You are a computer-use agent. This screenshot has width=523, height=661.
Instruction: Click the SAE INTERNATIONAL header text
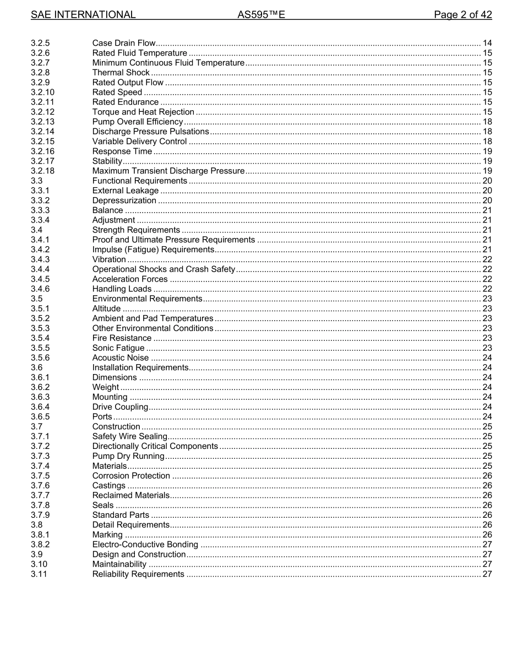pos(83,15)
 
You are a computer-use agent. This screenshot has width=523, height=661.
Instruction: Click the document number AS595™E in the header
pos(261,15)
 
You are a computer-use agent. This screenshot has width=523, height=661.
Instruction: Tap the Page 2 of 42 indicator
pos(462,15)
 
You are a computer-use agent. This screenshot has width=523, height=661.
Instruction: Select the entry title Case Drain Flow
pos(124,43)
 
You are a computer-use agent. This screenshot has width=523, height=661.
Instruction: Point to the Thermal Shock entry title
pos(121,73)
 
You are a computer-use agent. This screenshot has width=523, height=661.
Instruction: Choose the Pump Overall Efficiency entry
pos(137,122)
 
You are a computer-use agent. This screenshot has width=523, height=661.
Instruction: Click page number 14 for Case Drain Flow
pos(487,43)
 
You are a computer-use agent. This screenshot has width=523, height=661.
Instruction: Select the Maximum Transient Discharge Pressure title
pos(168,171)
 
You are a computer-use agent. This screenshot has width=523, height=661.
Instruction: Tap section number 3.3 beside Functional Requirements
pos(37,181)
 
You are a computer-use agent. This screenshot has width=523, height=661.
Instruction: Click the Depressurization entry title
pos(124,201)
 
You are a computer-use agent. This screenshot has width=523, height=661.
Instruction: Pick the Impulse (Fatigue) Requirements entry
pos(152,250)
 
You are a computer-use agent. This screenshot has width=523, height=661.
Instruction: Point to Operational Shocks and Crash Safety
pos(164,269)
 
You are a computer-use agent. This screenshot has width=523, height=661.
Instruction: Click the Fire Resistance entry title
pos(122,338)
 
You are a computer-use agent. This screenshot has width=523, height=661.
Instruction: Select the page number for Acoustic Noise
pos(487,358)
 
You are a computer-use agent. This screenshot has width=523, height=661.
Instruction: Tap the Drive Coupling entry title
pos(120,407)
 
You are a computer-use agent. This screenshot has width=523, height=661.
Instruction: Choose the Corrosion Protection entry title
pos(131,476)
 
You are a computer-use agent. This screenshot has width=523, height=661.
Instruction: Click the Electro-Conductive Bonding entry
pos(145,545)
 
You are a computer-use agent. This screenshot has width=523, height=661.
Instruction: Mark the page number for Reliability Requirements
pos(487,575)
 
